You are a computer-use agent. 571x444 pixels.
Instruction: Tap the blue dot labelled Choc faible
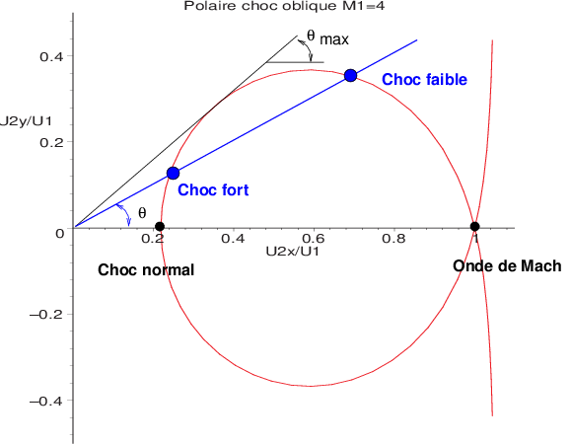coord(350,75)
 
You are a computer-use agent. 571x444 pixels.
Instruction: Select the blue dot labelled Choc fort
coord(173,173)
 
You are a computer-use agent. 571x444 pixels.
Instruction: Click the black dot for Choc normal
coord(160,227)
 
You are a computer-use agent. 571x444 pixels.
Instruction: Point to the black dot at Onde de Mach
coord(474,227)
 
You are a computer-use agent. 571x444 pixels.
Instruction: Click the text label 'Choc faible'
coord(424,79)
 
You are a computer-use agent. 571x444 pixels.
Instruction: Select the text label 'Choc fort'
coord(213,189)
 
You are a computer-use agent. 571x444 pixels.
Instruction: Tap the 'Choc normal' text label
coord(146,269)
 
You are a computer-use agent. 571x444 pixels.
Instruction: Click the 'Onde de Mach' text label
coord(507,266)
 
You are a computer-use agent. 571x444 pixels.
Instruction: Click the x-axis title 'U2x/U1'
coord(292,252)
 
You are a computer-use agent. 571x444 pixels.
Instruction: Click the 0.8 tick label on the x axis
coord(393,239)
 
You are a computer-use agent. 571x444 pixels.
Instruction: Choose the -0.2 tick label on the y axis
coord(45,316)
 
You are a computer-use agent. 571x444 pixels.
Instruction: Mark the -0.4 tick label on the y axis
coord(45,402)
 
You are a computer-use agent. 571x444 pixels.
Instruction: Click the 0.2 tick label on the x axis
coord(153,239)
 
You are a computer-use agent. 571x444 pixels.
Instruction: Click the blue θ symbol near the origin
coord(142,212)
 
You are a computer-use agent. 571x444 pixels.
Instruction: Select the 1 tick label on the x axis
coord(474,239)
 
